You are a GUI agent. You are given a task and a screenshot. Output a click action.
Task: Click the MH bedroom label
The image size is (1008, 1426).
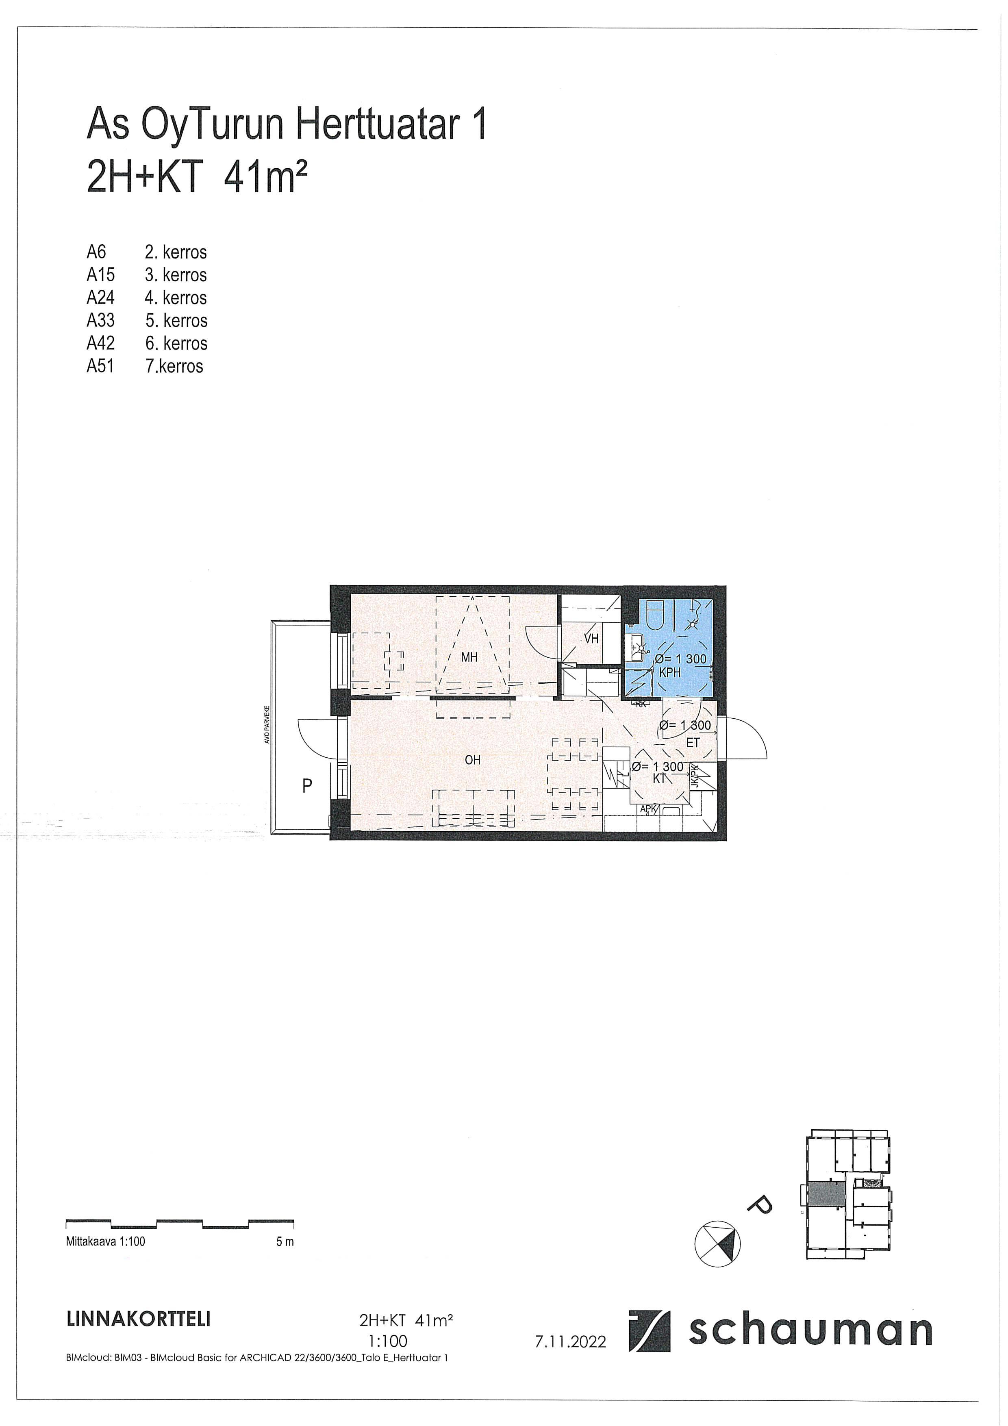pyautogui.click(x=469, y=656)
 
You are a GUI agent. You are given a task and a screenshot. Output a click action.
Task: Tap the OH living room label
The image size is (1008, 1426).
pyautogui.click(x=473, y=760)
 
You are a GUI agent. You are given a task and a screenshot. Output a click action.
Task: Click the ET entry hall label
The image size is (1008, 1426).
pyautogui.click(x=693, y=742)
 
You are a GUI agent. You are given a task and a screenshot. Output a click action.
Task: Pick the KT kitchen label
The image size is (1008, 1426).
pyautogui.click(x=660, y=778)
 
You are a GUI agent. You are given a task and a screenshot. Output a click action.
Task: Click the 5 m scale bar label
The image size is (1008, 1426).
pyautogui.click(x=285, y=1241)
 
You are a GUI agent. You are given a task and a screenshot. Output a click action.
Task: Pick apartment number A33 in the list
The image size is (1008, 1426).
pyautogui.click(x=101, y=320)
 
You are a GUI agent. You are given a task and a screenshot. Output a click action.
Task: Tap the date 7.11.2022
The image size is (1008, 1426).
pyautogui.click(x=570, y=1341)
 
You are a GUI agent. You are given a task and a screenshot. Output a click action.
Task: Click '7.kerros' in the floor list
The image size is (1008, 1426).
pyautogui.click(x=174, y=366)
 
